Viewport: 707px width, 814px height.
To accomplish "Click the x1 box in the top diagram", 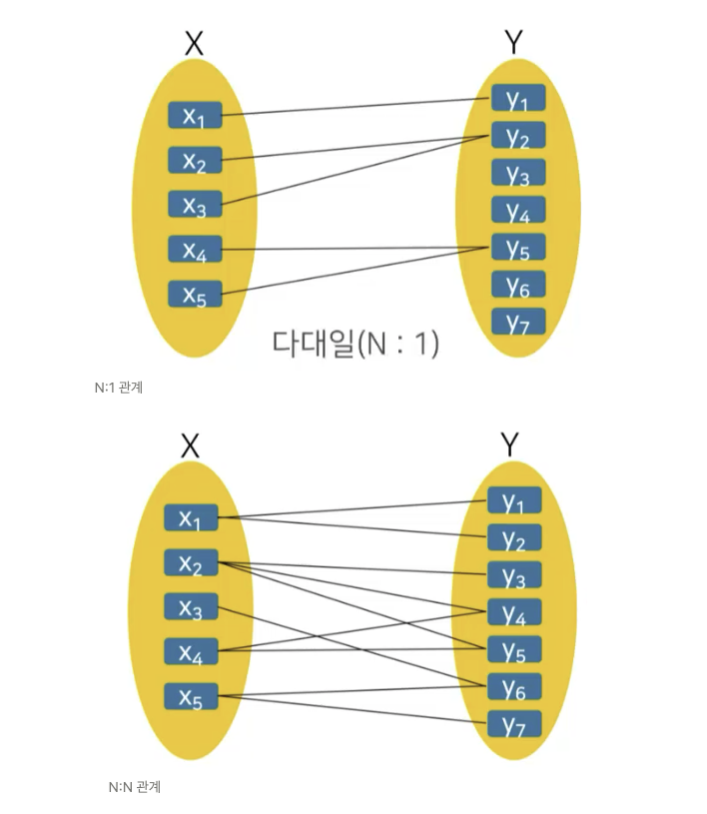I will click(x=194, y=116).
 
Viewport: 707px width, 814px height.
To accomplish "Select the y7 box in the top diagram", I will click(x=517, y=322).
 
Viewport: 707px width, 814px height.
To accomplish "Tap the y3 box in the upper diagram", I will click(x=517, y=173).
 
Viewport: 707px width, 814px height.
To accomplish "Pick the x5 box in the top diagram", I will click(x=194, y=295).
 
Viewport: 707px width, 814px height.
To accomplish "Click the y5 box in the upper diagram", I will click(x=517, y=247).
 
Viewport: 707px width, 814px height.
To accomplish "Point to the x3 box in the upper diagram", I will click(x=194, y=205).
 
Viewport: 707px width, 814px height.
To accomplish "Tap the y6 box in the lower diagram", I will click(x=514, y=686).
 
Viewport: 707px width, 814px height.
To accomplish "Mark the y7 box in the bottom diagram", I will click(x=514, y=723).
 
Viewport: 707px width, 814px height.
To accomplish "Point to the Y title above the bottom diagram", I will click(x=510, y=444).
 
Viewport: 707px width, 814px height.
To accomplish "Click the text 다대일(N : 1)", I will click(x=355, y=343).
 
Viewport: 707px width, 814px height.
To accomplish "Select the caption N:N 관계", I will click(x=134, y=787).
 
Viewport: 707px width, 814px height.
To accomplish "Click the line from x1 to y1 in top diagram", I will click(x=354, y=106).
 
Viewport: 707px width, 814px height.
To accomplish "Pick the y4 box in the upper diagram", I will click(x=517, y=210).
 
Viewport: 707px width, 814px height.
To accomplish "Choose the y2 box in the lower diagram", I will click(x=514, y=539).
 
